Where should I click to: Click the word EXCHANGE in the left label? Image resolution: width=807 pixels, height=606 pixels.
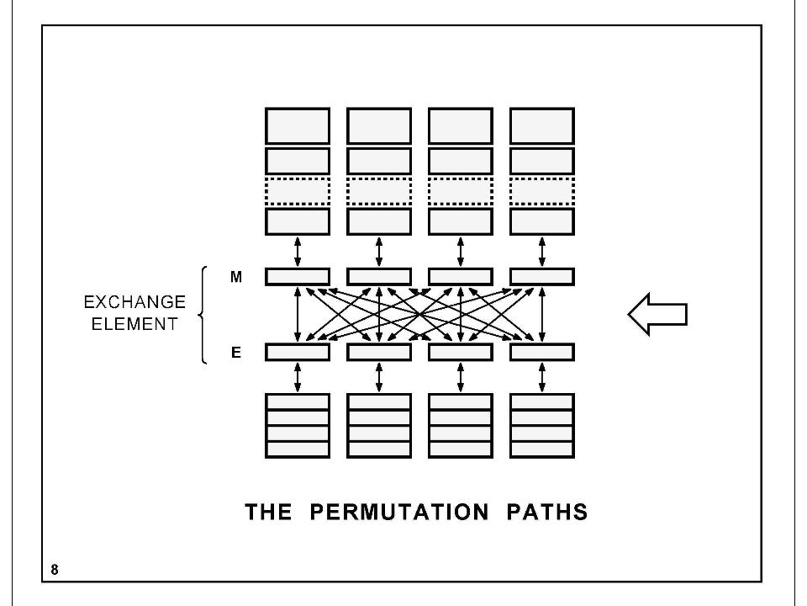134,303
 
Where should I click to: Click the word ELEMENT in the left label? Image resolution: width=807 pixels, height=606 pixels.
134,324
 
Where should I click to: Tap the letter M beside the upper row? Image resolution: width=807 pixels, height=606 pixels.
236,277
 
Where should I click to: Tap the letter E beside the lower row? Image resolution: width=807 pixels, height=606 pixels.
236,353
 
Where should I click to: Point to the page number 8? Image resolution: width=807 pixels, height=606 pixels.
55,570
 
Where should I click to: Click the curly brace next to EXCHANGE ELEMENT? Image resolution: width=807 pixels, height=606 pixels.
203,315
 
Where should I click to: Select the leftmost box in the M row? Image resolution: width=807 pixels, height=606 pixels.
298,276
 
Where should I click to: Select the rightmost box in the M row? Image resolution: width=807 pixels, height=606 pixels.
542,276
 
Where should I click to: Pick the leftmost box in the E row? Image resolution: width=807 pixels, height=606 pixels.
298,352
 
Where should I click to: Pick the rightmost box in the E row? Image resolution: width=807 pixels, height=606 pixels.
542,352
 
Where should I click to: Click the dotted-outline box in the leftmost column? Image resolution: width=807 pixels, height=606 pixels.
298,191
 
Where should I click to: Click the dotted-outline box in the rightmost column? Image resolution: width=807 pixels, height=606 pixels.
542,191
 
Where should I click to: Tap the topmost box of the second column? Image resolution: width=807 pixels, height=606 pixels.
379,125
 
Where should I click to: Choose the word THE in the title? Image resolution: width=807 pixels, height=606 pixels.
269,512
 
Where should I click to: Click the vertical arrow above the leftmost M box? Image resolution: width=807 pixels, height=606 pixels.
298,251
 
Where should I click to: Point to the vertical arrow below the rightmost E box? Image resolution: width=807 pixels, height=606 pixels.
542,377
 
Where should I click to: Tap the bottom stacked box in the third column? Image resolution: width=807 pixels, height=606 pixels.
461,449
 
